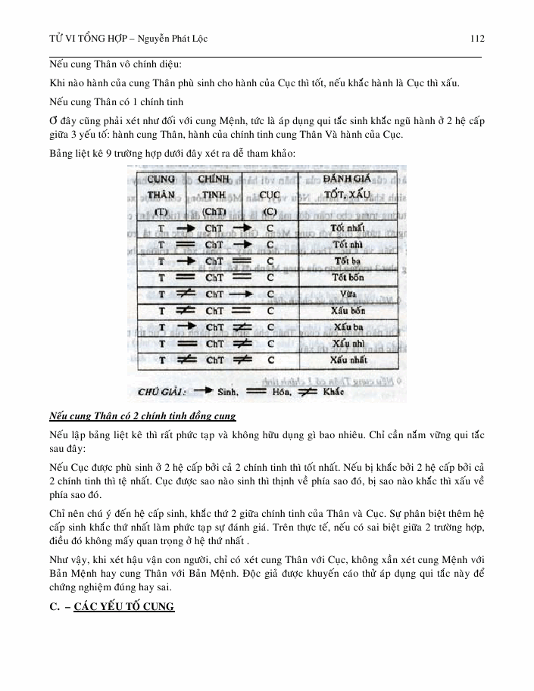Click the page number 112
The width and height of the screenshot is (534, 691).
click(476, 38)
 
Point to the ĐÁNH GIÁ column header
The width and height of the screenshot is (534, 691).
click(346, 179)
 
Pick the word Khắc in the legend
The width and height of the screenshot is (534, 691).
click(332, 392)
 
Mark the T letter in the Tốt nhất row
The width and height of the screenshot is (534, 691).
click(161, 228)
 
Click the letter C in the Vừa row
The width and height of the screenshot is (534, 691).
click(270, 294)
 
